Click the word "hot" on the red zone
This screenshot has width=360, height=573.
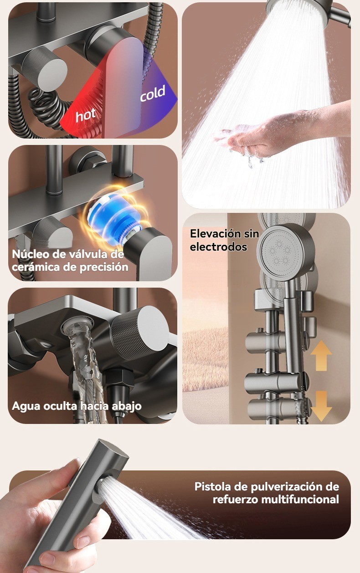tap(85, 115)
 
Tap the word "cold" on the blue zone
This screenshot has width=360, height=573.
tap(153, 93)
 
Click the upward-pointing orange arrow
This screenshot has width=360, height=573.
tap(321, 355)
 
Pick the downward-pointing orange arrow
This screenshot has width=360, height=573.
tap(321, 406)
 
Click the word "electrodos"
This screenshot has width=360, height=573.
tap(219, 247)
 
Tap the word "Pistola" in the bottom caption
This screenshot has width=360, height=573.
tap(212, 486)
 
